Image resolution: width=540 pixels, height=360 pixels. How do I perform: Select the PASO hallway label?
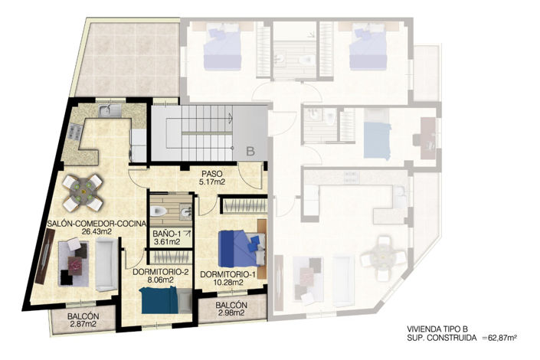coord(213,173)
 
